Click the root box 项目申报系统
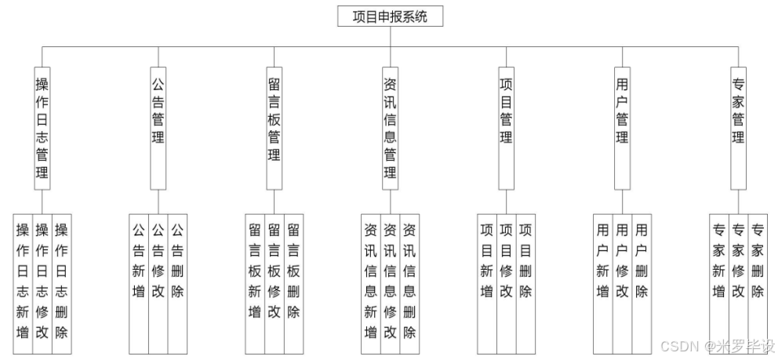click(390, 16)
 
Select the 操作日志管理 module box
click(42, 129)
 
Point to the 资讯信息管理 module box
click(390, 129)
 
